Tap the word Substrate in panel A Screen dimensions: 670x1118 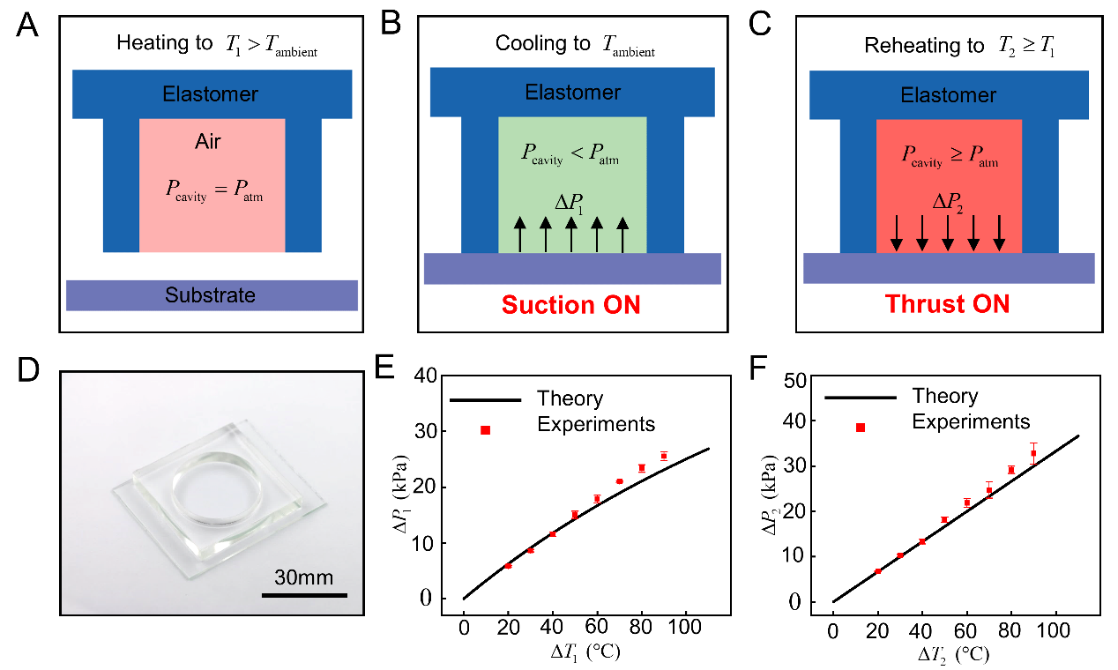coord(211,295)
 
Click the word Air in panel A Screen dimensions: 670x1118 coord(212,142)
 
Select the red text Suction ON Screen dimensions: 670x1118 coord(570,305)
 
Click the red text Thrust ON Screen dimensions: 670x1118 coord(946,305)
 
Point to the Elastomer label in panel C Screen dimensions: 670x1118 coord(949,95)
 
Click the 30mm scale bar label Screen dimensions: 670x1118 coord(303,577)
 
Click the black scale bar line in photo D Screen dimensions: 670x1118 coord(304,595)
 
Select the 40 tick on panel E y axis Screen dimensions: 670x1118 coord(424,376)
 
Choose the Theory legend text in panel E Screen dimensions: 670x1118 coord(570,399)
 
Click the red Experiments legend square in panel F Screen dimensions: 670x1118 coord(861,428)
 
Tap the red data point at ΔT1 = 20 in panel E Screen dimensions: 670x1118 coord(508,565)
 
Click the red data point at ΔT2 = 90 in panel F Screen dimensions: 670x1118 coord(1033,453)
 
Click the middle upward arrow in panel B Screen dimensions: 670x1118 coord(571,235)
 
